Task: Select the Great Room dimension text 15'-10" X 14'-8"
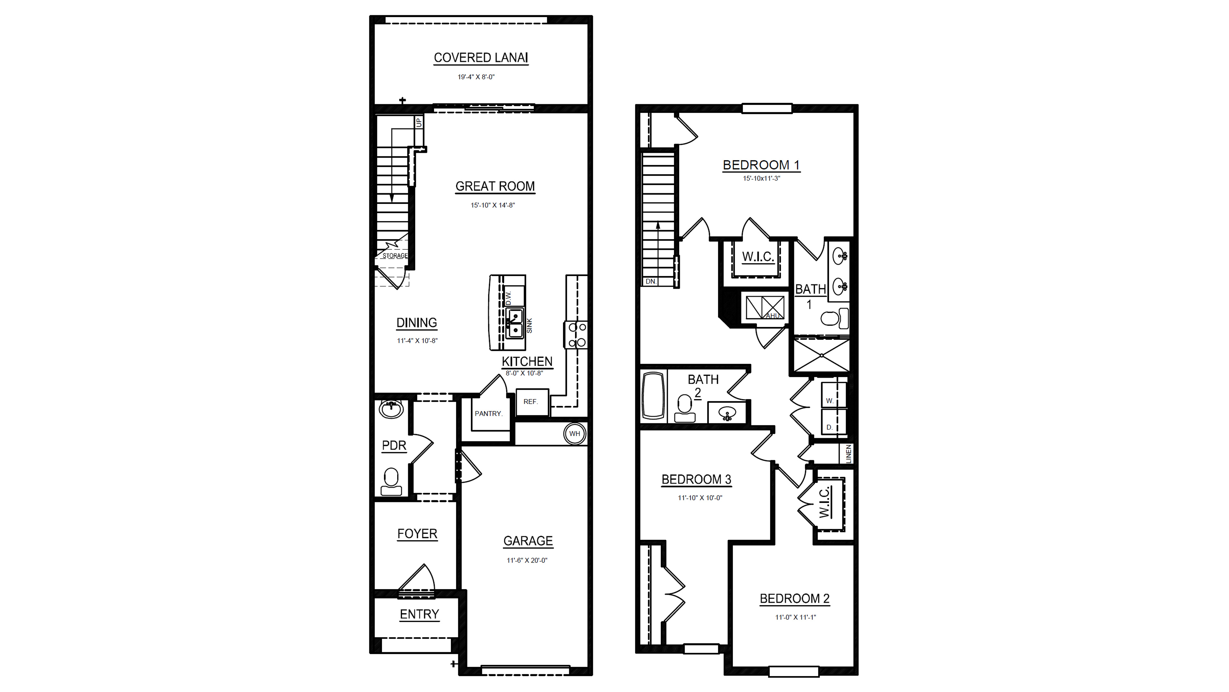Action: (493, 205)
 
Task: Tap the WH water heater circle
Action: (574, 434)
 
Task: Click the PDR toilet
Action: (391, 481)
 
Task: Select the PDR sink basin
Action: (391, 409)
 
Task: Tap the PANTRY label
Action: (488, 414)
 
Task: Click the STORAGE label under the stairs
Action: (395, 256)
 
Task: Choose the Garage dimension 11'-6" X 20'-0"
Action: (527, 560)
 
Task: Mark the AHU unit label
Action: (772, 316)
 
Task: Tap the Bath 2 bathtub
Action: (654, 396)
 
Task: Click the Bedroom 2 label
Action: (794, 598)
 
